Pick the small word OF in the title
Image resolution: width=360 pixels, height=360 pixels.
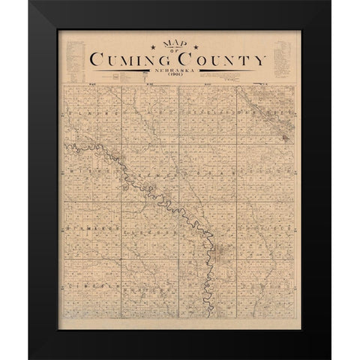(x=178, y=52)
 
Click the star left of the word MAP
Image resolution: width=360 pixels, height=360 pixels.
(x=153, y=48)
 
